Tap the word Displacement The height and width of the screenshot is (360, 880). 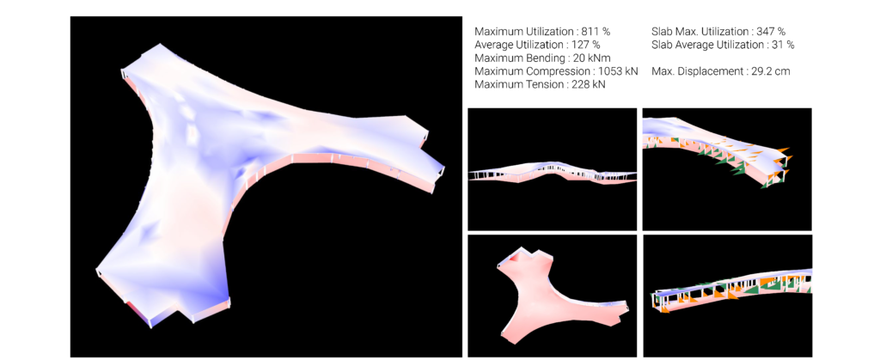pos(708,72)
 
